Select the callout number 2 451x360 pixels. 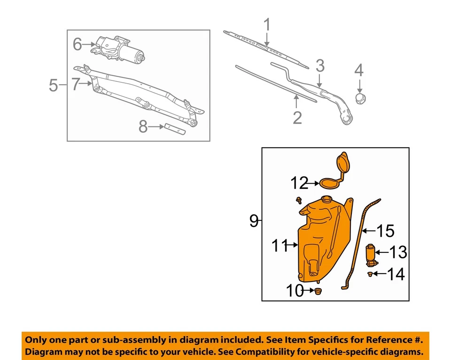coord(297,117)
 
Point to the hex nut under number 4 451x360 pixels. coord(360,98)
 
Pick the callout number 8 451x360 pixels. coord(143,126)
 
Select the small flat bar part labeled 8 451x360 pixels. coord(175,127)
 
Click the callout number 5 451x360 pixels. coord(53,85)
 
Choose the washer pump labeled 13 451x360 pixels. coord(372,254)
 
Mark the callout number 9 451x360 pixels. coord(254,220)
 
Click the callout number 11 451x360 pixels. coord(280,245)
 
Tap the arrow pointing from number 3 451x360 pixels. coord(320,80)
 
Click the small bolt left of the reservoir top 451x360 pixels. coord(299,201)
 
